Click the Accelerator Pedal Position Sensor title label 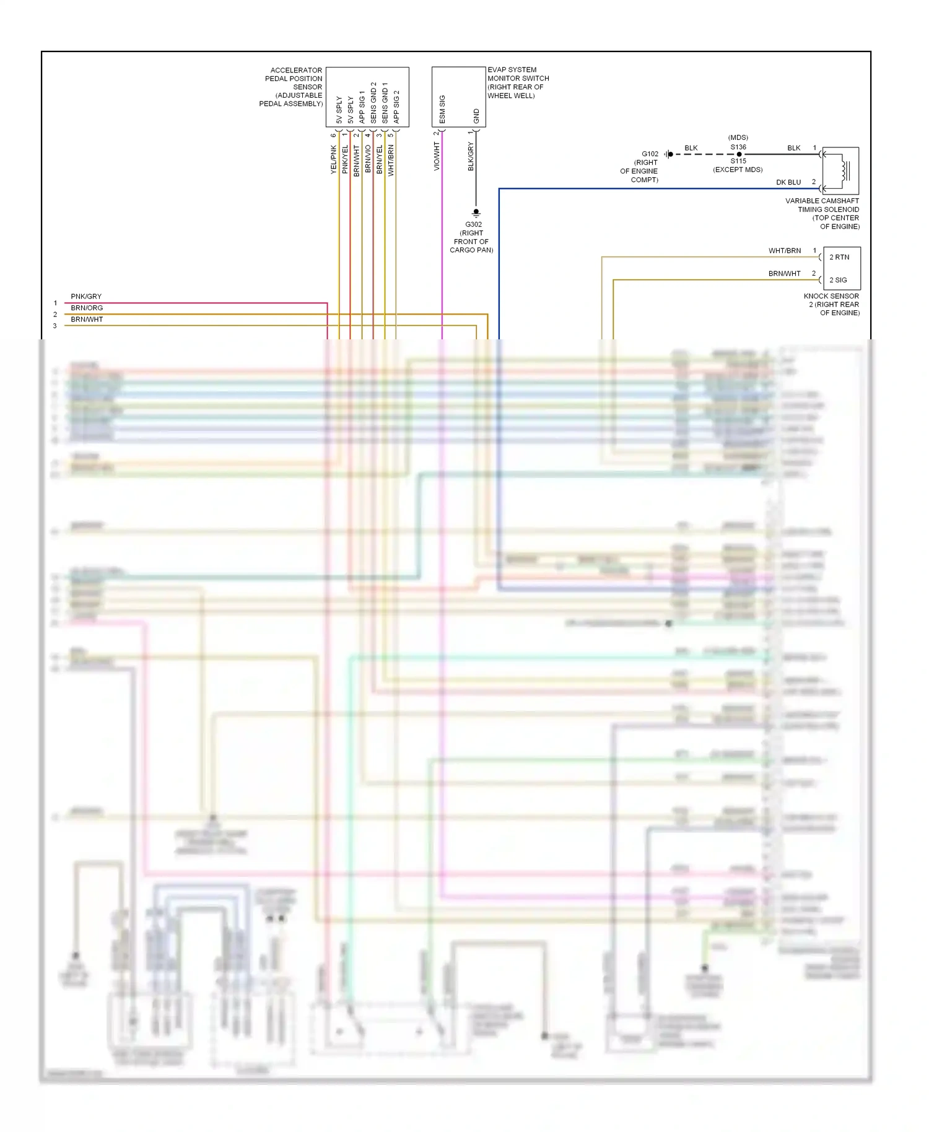[x=292, y=87]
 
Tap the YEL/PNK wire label [x=333, y=160]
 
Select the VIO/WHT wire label [x=437, y=156]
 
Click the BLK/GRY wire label [x=471, y=156]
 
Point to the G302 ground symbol [x=476, y=213]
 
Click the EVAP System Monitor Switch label [x=518, y=82]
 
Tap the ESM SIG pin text [x=442, y=108]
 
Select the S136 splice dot [x=739, y=154]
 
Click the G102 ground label [x=650, y=154]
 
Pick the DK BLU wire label [x=788, y=182]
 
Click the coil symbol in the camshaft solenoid [x=844, y=170]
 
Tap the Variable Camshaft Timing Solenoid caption [x=822, y=214]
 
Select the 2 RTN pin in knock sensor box [x=839, y=257]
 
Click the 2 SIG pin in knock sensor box [x=838, y=280]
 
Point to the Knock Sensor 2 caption [x=831, y=304]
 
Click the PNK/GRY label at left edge [x=86, y=297]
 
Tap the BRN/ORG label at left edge [x=87, y=308]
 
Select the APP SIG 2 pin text [x=396, y=107]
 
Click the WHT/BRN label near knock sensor [x=785, y=251]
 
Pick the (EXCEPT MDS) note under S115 [x=738, y=170]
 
